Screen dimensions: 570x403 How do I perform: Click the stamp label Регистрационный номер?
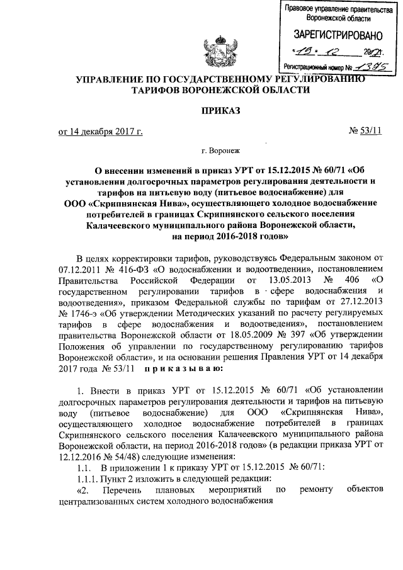click(311, 65)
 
